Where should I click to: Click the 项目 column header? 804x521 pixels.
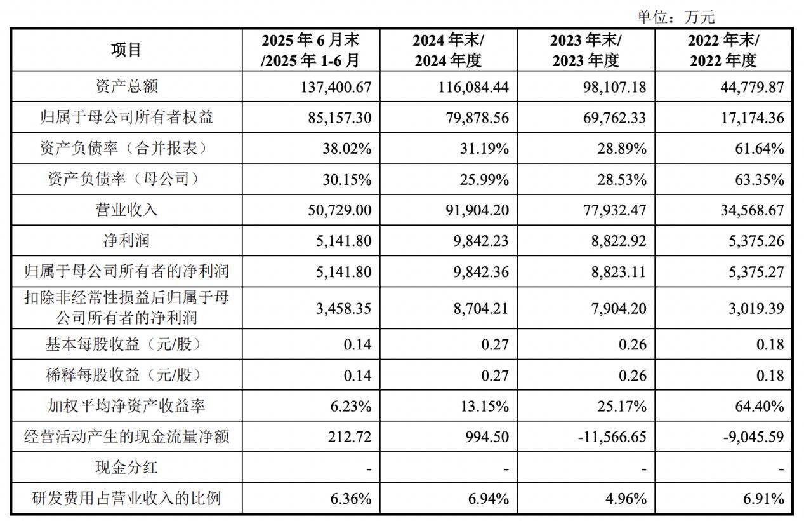126,50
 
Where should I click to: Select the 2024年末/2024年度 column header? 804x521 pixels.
448,50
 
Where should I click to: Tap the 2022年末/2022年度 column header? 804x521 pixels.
723,50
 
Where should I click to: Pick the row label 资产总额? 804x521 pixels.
126,86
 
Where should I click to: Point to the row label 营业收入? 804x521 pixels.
126,210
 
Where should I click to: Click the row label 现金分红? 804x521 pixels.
126,468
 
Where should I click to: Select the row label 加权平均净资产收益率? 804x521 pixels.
126,406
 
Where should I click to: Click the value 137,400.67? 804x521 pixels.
336,87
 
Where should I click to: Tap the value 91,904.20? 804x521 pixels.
474,210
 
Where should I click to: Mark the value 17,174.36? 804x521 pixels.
749,118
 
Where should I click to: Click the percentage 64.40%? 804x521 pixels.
758,406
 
